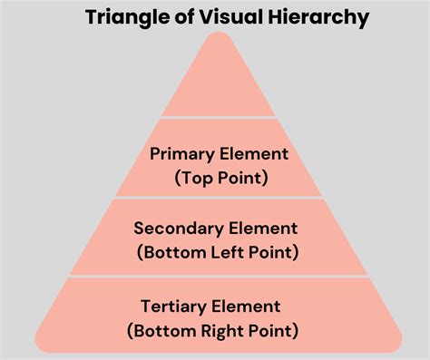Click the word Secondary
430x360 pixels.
point(177,229)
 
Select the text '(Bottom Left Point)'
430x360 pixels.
point(219,252)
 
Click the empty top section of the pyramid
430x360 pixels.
point(219,86)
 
